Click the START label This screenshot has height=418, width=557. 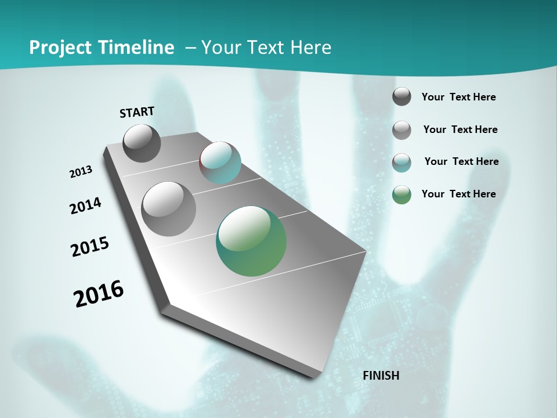pos(137,112)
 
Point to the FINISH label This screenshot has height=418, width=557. pos(381,376)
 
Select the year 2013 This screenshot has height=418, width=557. pos(81,172)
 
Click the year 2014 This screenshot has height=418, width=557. pos(85,206)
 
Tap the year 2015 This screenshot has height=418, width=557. pos(90,247)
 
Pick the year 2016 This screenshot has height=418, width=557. pos(99,294)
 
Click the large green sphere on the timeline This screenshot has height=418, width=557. pos(251,241)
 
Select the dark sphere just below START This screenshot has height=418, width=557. pos(142,143)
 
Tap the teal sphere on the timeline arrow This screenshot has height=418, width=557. pos(220,163)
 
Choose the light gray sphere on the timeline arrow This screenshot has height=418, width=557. pos(168,208)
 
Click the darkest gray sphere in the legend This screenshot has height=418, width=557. pos(402,96)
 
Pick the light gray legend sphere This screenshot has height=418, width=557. pos(402,129)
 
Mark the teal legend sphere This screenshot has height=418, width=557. pos(402,163)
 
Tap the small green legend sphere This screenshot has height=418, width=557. pos(402,194)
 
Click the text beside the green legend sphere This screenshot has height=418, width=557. pos(458,194)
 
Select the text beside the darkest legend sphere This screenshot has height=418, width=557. pos(458,97)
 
